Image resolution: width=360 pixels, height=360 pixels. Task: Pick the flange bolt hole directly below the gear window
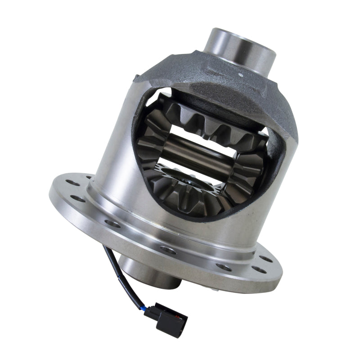click(167, 250)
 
